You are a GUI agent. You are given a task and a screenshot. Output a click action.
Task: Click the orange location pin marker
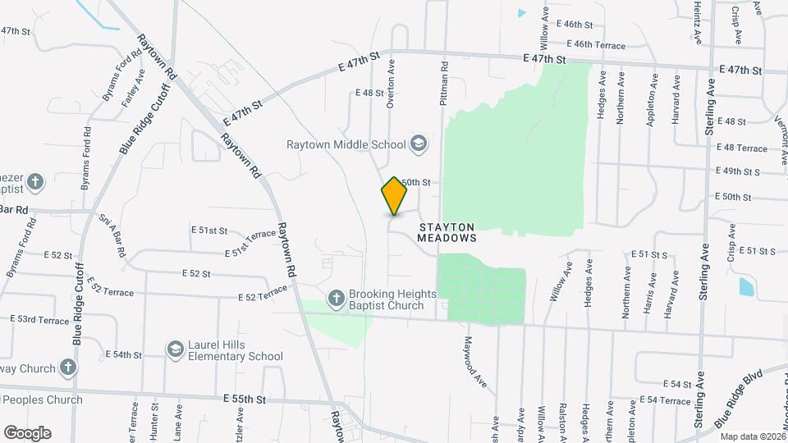(394, 196)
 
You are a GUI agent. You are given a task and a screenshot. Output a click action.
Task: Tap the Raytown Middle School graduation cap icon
(419, 144)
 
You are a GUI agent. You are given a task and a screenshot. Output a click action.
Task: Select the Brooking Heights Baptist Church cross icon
(336, 299)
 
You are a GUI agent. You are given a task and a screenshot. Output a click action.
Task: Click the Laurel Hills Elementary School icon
(175, 350)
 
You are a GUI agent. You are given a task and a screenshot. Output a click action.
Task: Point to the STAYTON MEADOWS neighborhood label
(447, 231)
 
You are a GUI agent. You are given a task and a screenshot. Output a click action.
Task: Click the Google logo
(27, 432)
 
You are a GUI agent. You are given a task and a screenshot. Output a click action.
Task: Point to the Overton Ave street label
(392, 82)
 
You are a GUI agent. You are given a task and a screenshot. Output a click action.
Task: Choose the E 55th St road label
(245, 399)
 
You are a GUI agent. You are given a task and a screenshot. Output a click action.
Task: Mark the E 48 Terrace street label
(741, 148)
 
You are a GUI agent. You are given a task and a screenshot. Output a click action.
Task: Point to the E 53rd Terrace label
(39, 319)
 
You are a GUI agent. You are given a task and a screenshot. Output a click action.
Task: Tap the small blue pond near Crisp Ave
(746, 286)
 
